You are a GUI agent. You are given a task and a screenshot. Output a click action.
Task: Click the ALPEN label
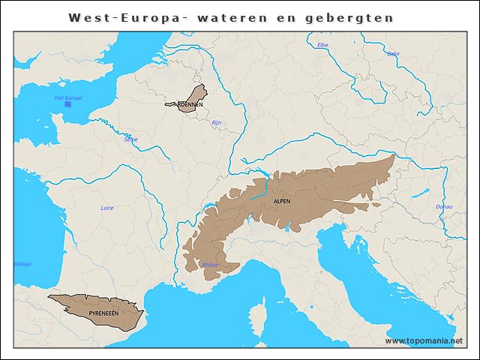coord(283,201)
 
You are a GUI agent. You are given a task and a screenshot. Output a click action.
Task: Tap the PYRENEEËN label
coord(103,312)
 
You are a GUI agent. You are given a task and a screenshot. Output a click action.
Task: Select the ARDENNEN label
coord(188,105)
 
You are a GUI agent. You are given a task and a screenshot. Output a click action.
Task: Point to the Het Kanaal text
coord(68,98)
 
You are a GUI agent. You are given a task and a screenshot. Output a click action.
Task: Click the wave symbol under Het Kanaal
coord(68,106)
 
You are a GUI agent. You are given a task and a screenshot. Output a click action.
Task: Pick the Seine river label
coord(131,139)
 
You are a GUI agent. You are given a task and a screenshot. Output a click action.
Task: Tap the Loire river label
coord(107,208)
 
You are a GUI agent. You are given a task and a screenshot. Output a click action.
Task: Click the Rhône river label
coord(211,265)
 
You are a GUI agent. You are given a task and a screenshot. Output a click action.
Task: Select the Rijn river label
coord(217,122)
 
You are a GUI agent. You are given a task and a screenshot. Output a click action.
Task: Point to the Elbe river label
coord(323,45)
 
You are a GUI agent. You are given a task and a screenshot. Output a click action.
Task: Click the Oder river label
coord(394,53)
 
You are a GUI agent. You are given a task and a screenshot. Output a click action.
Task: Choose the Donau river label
coord(444,206)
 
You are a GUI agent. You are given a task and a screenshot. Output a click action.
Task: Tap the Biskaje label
coord(22,264)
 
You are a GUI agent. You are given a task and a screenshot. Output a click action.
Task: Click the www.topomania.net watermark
coord(424,340)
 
